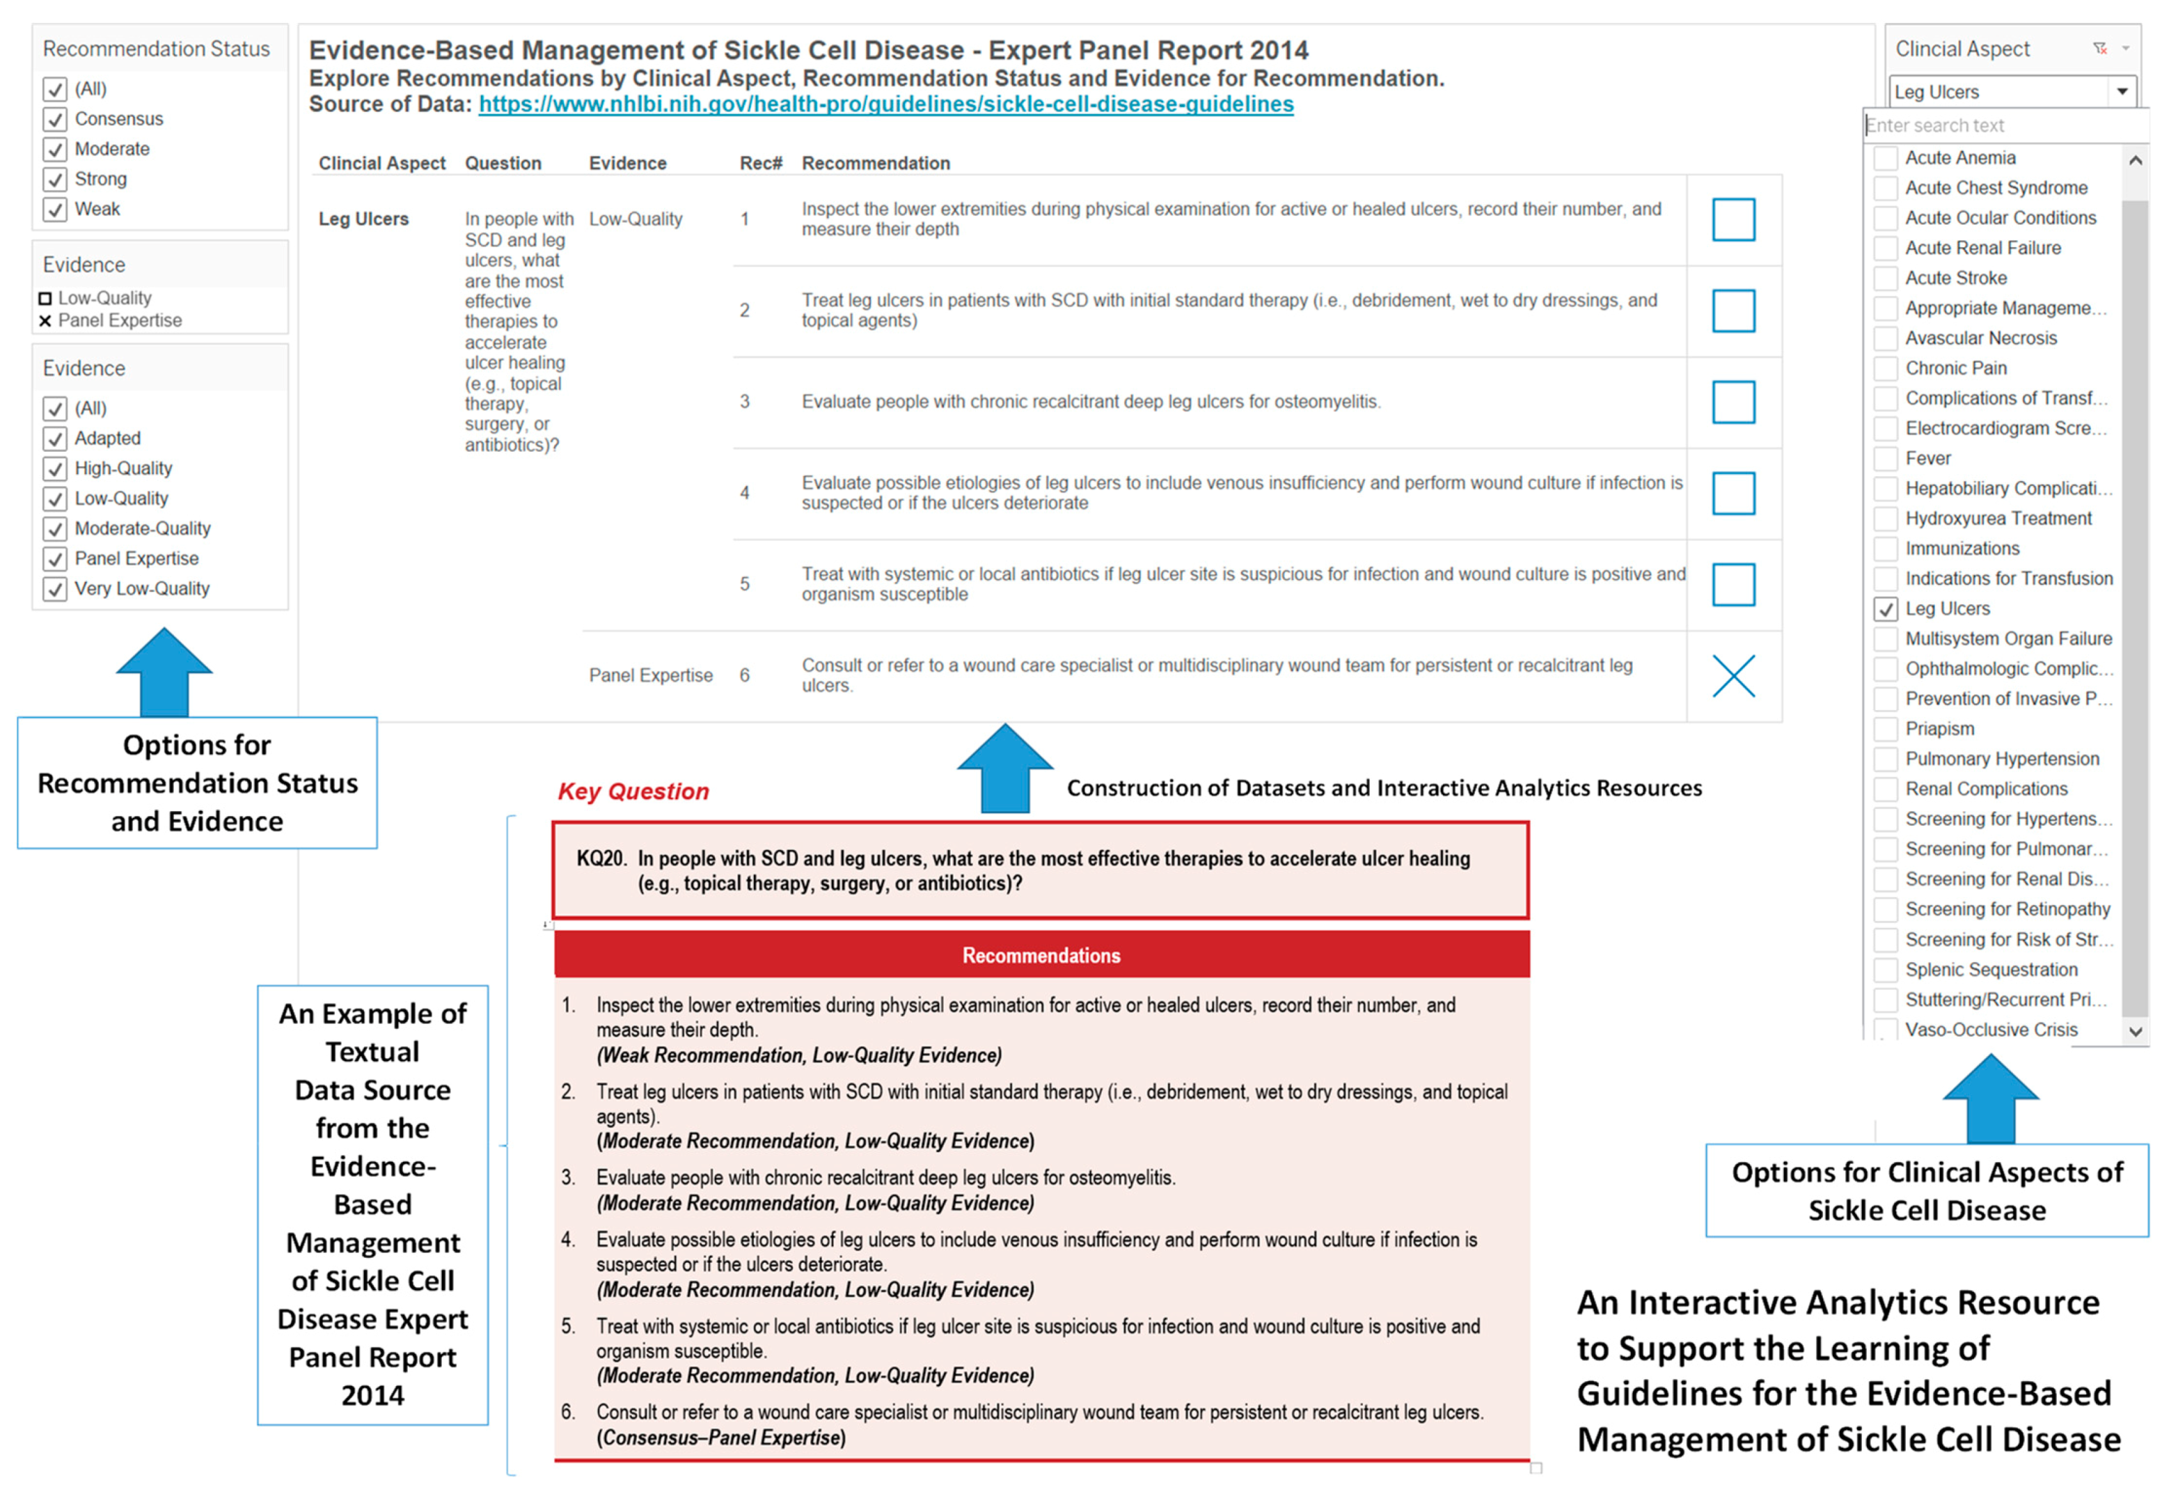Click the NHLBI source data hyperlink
[885, 104]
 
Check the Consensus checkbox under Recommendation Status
[55, 120]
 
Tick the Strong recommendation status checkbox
[55, 179]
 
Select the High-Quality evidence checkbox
[55, 469]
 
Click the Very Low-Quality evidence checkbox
[55, 589]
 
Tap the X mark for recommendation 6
[1733, 676]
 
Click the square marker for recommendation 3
[1733, 402]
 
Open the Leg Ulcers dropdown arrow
[2122, 91]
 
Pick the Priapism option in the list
[1939, 729]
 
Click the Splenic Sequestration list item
[1991, 970]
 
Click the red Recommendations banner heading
[1041, 956]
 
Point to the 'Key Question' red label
[633, 792]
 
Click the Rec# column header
[759, 164]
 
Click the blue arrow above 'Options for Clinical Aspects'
[1990, 1097]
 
